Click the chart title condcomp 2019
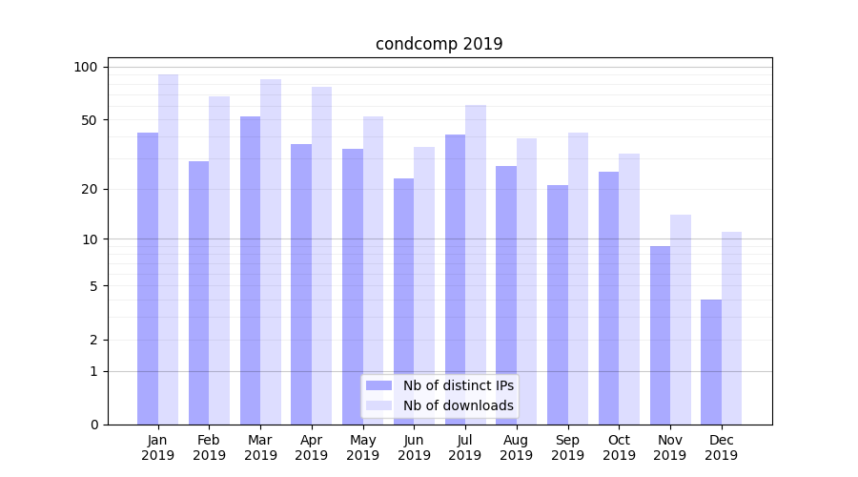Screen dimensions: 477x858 tap(439, 44)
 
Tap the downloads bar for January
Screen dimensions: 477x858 tap(169, 249)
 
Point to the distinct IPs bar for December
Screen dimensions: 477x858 tap(711, 362)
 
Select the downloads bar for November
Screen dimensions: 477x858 tap(681, 320)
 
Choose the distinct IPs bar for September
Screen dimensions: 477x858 tap(558, 304)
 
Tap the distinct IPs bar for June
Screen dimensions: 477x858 tap(404, 301)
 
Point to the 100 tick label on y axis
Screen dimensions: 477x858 tap(86, 67)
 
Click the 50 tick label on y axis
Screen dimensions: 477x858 tap(89, 120)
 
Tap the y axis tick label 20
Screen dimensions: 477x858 tap(89, 189)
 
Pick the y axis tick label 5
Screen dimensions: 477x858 tap(92, 285)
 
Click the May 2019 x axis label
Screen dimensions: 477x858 tap(363, 447)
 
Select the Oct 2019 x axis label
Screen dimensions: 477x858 tap(619, 447)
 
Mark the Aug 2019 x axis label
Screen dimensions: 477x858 tap(517, 447)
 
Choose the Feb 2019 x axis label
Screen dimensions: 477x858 tap(209, 447)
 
